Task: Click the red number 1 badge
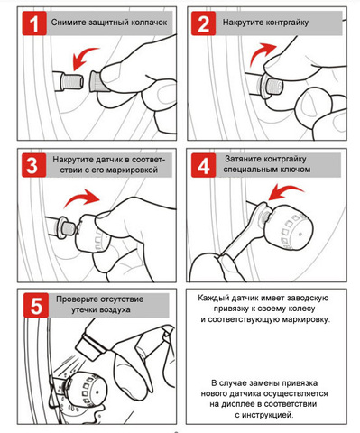[x=34, y=23]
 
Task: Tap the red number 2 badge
[x=204, y=23]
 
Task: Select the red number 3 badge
[x=34, y=165]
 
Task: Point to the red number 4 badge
[x=204, y=165]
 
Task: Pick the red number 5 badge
[x=36, y=305]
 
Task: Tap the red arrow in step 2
[x=261, y=52]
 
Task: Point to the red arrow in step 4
[x=286, y=191]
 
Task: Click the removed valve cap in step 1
[x=97, y=81]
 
